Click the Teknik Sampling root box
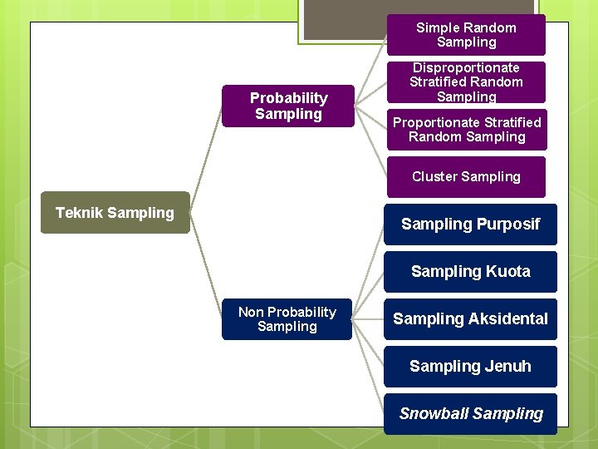115,213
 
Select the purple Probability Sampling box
288,106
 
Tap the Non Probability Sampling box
287,319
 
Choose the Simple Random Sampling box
466,35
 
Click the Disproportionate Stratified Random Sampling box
466,82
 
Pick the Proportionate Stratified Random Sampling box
466,130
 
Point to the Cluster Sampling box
466,176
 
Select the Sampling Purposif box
470,224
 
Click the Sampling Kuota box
470,271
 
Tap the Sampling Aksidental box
470,318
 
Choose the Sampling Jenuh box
470,366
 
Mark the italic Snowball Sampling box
470,413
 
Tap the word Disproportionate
466,67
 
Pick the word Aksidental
507,318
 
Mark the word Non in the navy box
251,312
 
